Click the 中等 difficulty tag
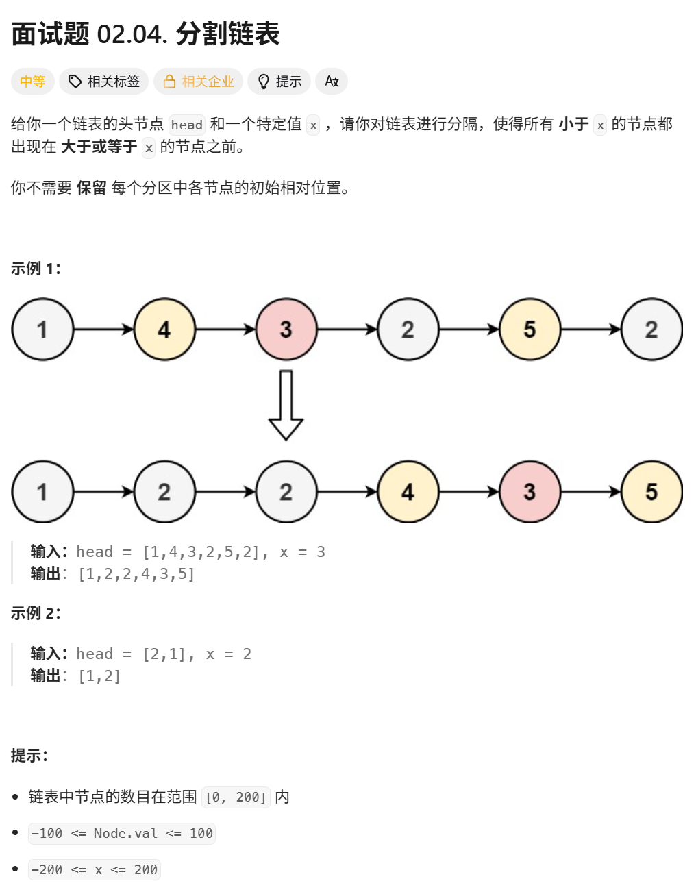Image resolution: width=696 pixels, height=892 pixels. pos(32,82)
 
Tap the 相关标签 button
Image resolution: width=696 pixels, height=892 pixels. pos(103,82)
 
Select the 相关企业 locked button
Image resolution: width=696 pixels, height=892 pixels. pos(198,82)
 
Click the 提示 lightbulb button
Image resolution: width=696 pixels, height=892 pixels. pos(279,82)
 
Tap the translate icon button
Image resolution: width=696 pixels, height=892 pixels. pos(332,82)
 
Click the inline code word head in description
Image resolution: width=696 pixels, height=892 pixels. pos(186,125)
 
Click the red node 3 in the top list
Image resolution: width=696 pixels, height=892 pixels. pos(286,330)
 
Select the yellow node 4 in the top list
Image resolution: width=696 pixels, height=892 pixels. pos(164,330)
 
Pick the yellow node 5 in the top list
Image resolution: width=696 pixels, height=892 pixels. pos(530,330)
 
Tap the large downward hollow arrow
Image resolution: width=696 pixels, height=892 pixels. pos(286,404)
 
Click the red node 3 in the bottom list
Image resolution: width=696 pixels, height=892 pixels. pos(530,492)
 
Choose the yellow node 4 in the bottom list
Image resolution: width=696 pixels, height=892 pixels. pos(408,492)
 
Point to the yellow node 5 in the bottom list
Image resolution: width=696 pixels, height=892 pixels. pos(651,492)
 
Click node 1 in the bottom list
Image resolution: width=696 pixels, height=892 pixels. pos(42,492)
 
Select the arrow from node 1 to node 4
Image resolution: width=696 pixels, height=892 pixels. pos(103,330)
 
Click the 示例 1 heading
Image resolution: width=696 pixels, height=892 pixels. pos(36,269)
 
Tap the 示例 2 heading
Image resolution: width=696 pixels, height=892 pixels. pos(36,613)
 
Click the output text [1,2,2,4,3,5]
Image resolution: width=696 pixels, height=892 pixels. pos(136,574)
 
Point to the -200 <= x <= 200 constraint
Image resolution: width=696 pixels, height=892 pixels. pos(95,869)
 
